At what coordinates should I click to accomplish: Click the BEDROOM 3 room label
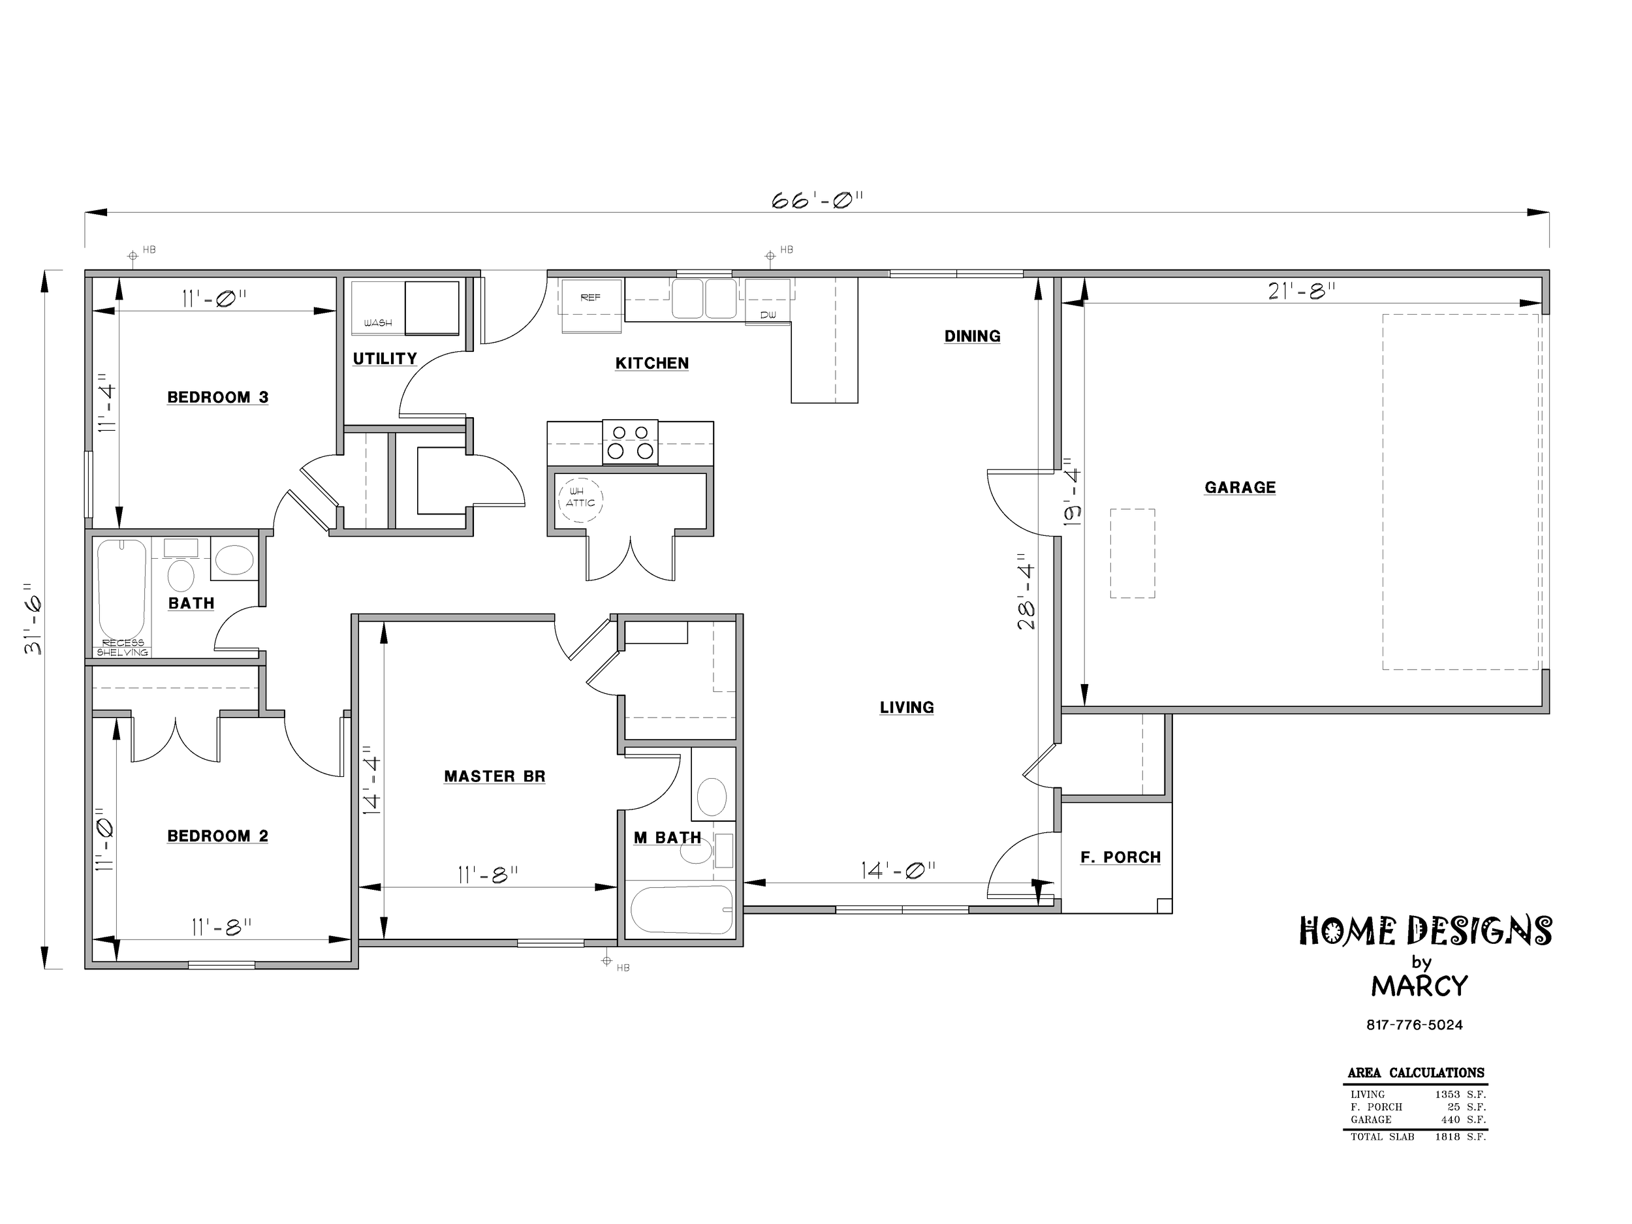coord(217,398)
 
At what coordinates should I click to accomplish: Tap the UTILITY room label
coord(384,358)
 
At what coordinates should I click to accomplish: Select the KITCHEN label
coord(652,363)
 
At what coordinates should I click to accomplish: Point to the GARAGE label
coord(1240,487)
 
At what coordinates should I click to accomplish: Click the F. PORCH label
coord(1121,857)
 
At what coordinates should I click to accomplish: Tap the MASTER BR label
coord(494,776)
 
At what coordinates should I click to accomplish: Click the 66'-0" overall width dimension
coord(817,200)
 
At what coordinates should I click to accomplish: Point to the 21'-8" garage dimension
coord(1302,291)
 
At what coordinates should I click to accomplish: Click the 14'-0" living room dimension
coord(898,871)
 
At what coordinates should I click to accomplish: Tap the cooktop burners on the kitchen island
coord(630,442)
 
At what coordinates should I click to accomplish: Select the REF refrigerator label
coord(590,297)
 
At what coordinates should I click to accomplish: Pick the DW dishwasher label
coord(768,315)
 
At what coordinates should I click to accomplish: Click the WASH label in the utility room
coord(378,323)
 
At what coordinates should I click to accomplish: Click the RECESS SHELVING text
coord(123,648)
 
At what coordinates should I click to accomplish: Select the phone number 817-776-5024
coord(1415,1025)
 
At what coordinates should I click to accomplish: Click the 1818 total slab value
coord(1447,1137)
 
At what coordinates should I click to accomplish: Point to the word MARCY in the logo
coord(1420,986)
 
